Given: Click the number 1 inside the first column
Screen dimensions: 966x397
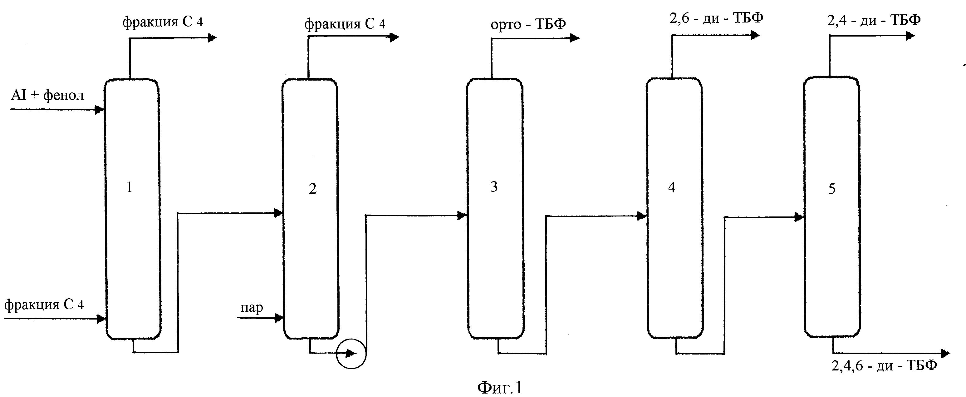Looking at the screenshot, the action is tap(130, 187).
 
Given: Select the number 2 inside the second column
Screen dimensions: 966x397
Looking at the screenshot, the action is tap(313, 189).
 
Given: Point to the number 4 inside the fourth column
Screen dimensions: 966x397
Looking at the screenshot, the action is tap(672, 187).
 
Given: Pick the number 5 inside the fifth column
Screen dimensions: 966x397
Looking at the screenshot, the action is tap(832, 189).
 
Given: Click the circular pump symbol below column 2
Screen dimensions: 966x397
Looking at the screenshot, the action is tap(351, 354).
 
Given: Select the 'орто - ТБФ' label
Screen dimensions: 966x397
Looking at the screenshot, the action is tap(528, 24).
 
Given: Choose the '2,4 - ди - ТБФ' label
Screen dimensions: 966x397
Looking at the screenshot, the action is tap(874, 19).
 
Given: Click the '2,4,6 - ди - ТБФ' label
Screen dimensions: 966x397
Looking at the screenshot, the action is tap(884, 365).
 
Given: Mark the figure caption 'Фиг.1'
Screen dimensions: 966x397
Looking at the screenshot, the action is tap(500, 387).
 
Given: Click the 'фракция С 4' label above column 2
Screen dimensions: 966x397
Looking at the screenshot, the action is tap(345, 24).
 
